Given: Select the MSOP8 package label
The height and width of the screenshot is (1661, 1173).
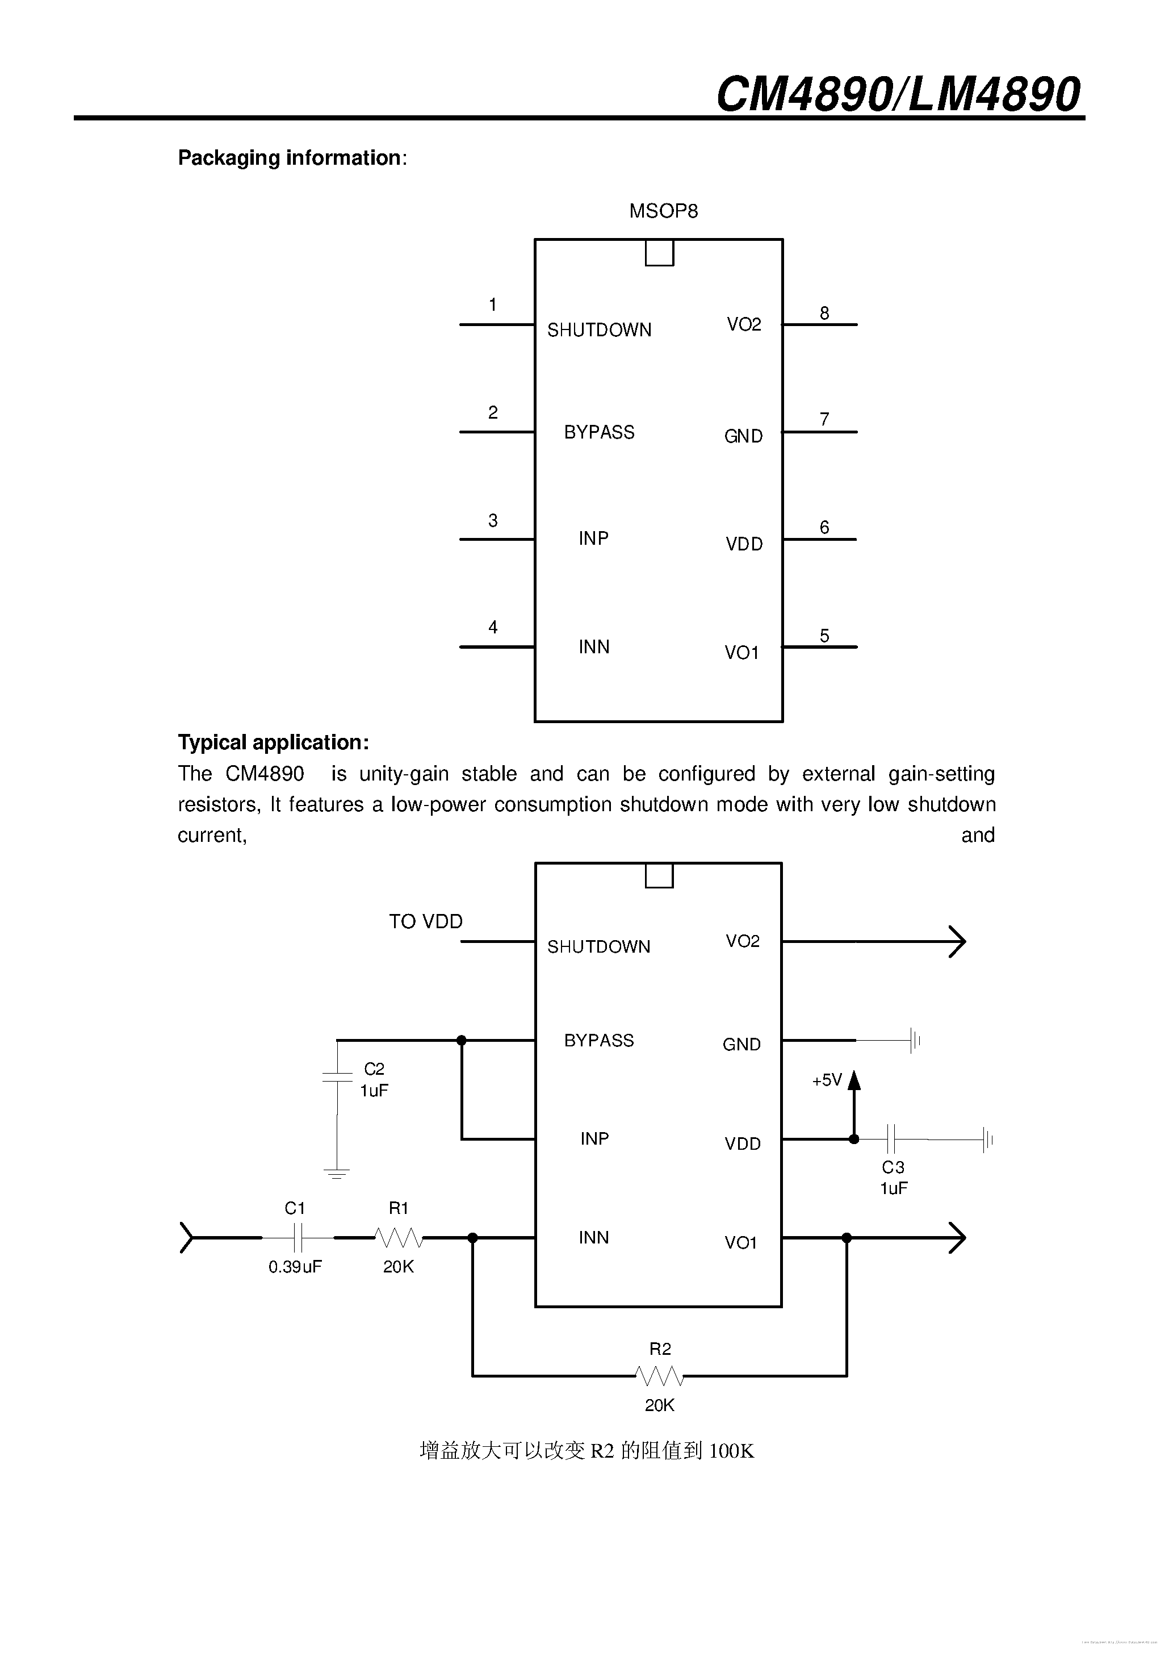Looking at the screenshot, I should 663,211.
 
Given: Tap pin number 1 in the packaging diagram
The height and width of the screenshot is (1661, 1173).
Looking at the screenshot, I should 492,304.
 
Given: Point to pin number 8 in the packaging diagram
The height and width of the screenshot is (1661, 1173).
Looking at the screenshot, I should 824,313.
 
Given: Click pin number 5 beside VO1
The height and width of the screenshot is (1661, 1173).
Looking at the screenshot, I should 824,635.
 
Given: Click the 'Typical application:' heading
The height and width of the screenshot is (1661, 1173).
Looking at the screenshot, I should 273,742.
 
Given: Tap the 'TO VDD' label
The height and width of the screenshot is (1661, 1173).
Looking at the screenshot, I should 425,921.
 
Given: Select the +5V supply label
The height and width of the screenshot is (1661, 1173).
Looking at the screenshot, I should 827,1080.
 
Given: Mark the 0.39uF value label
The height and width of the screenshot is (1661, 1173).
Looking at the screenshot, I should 295,1267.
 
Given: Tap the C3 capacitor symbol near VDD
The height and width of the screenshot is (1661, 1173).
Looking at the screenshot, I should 892,1139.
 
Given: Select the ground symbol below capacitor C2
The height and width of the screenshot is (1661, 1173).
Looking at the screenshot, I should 336,1174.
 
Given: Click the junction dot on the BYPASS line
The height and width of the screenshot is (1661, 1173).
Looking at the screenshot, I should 462,1040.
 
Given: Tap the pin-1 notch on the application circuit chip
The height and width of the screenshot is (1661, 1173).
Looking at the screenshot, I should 659,875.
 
